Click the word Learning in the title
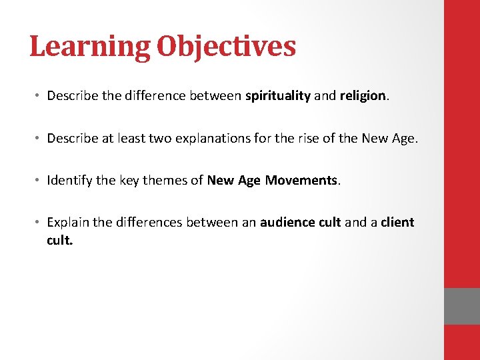pos(90,47)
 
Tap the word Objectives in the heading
pos(226,47)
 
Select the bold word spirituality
pos(278,96)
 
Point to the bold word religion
pos(363,96)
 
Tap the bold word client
pos(397,222)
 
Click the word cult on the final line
pos(59,240)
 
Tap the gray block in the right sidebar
pos(462,306)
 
